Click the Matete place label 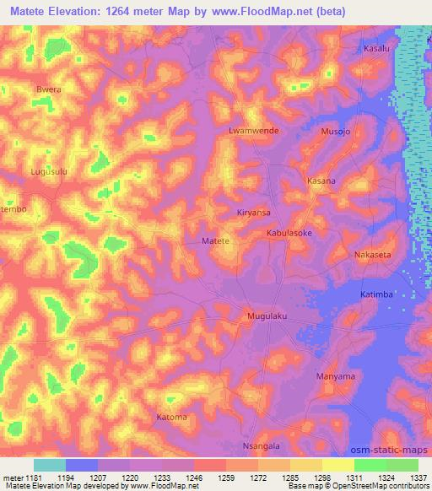point(216,241)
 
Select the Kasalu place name point(375,49)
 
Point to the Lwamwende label point(253,132)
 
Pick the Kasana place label point(321,181)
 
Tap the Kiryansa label point(254,213)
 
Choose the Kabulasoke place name point(289,232)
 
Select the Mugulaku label point(267,316)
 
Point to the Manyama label point(334,375)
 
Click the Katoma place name point(171,417)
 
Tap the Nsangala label point(260,445)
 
